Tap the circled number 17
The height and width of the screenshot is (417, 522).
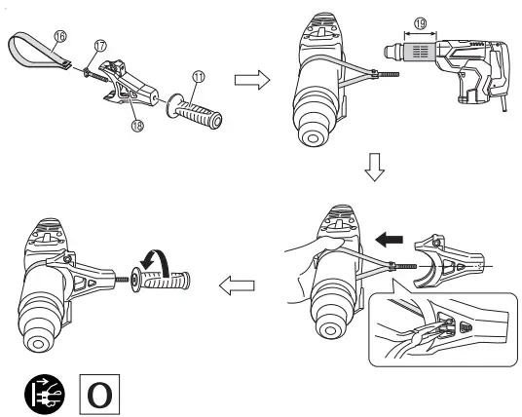(99, 45)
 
